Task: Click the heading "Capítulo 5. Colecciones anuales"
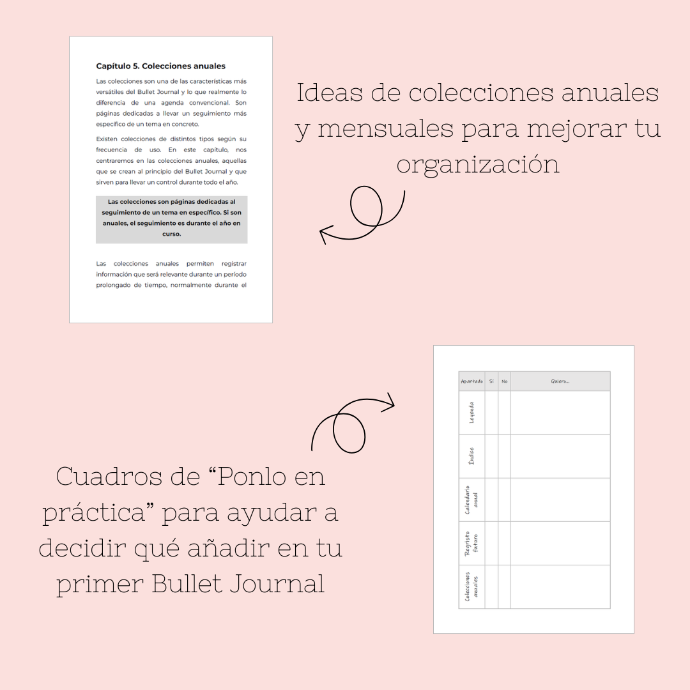click(160, 66)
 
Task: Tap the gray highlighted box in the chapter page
click(171, 219)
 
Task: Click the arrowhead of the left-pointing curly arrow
click(324, 234)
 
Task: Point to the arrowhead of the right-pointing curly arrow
click(390, 402)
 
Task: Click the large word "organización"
click(477, 164)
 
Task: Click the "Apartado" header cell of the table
click(471, 381)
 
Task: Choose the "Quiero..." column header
click(560, 381)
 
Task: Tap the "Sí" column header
click(491, 381)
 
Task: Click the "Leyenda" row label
click(471, 413)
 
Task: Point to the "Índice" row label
click(471, 456)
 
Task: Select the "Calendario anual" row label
click(471, 500)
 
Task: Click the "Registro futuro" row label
click(471, 543)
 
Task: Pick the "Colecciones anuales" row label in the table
click(471, 586)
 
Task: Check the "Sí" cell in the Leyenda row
click(491, 413)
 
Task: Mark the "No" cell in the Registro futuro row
click(504, 543)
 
